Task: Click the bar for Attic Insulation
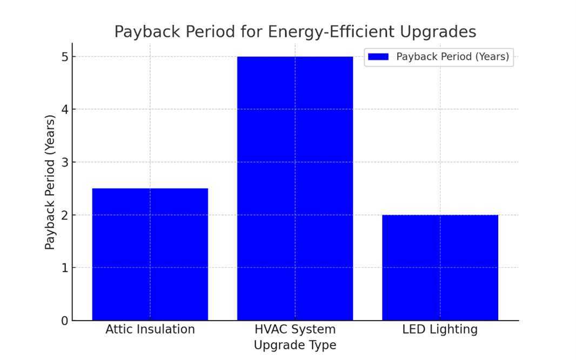(x=150, y=254)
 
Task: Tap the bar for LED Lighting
(x=440, y=268)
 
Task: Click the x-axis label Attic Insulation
(x=150, y=329)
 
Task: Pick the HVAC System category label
(x=295, y=329)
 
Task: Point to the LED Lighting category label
(x=440, y=329)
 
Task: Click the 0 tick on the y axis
(x=65, y=321)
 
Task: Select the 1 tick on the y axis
(x=65, y=268)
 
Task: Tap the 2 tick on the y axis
(x=65, y=215)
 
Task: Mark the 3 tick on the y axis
(x=65, y=162)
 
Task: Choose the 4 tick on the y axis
(x=65, y=110)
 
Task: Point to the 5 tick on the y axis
(x=65, y=57)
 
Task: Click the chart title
(x=295, y=32)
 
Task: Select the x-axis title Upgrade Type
(x=295, y=345)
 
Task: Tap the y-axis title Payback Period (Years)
(x=50, y=182)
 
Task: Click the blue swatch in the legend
(x=378, y=57)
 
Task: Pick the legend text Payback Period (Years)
(x=452, y=57)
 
